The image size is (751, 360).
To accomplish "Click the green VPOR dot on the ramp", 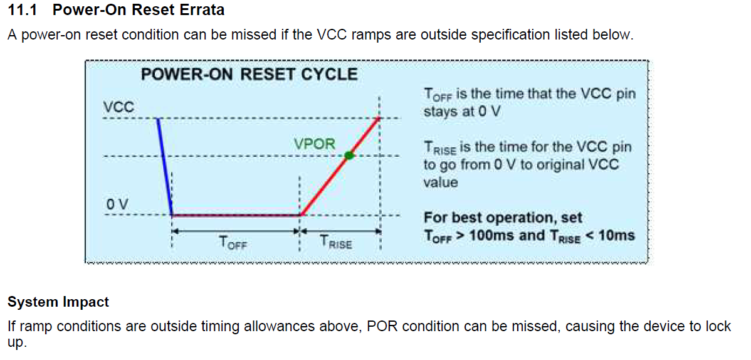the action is coord(349,156).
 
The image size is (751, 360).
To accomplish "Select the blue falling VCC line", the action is coord(165,167).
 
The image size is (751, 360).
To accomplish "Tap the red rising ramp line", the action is coord(340,166).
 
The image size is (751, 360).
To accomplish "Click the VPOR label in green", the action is coord(315,144).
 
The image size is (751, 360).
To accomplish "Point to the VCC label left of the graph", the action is coord(118,108).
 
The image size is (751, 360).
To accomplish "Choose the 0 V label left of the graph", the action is coord(117,204).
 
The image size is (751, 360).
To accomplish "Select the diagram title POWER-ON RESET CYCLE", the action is coord(249,75).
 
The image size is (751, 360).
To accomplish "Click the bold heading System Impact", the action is coord(58,302).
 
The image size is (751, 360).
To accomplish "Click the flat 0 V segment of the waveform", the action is coord(236,215).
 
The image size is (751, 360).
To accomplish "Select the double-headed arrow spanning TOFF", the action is coord(236,231).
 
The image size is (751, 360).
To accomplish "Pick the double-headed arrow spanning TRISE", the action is coord(340,231).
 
